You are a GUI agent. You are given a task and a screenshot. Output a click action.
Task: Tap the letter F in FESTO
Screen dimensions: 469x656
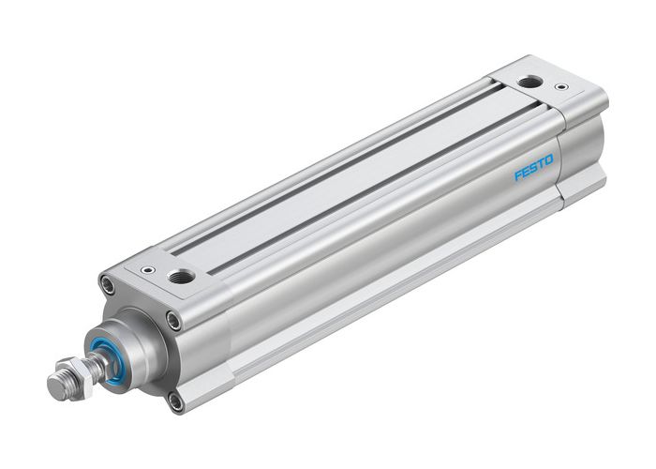click(516, 175)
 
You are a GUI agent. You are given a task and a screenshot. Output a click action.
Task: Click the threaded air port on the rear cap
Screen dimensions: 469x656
click(529, 82)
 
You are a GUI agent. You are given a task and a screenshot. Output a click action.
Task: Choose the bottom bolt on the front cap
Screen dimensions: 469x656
click(175, 401)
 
